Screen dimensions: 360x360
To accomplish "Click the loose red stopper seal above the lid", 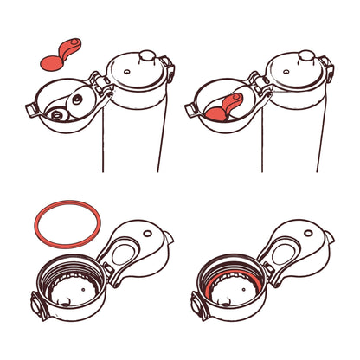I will pyautogui.click(x=59, y=57).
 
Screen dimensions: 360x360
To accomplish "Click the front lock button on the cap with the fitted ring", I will pyautogui.click(x=199, y=305).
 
